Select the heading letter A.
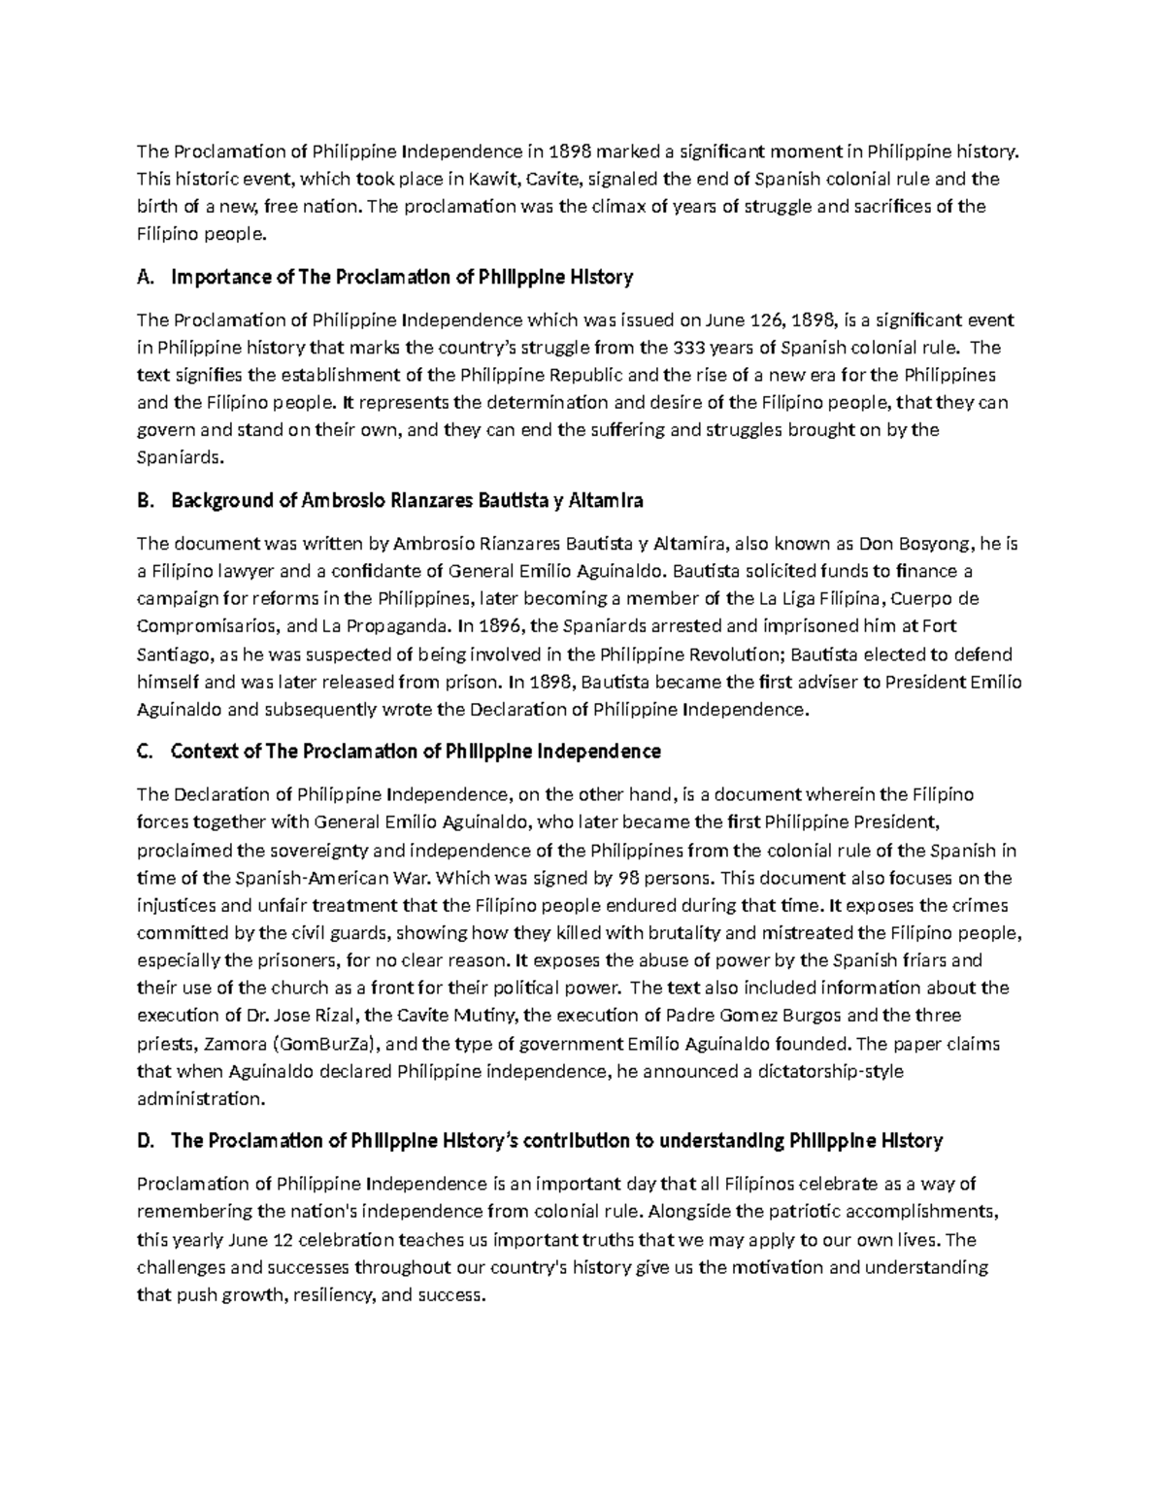click(145, 278)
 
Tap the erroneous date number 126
click(751, 320)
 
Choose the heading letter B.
click(145, 501)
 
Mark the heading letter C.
click(145, 752)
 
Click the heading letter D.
click(146, 1141)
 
